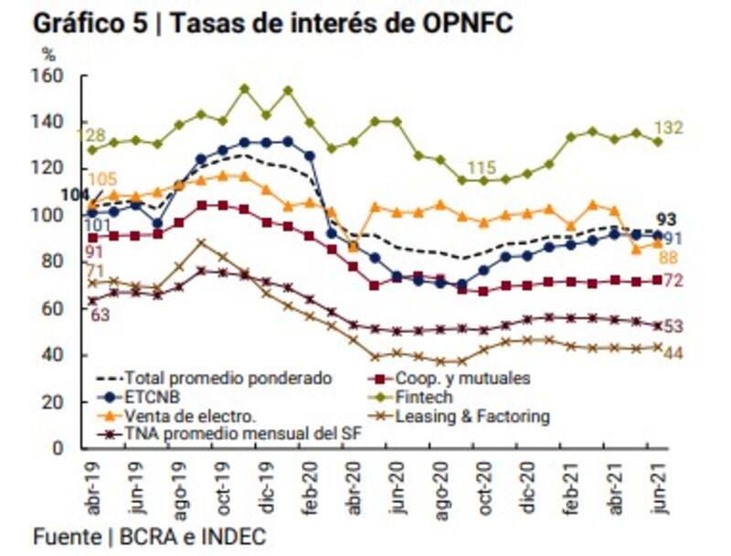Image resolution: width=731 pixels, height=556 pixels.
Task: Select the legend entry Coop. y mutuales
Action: tap(462, 377)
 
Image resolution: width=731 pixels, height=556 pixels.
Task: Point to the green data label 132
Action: tap(694, 127)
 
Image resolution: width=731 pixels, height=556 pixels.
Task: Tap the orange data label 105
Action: tap(102, 179)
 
